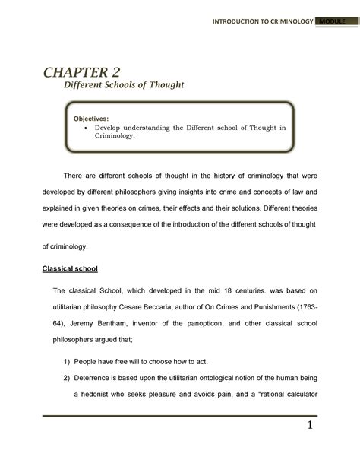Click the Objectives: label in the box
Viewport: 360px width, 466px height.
click(x=90, y=119)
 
